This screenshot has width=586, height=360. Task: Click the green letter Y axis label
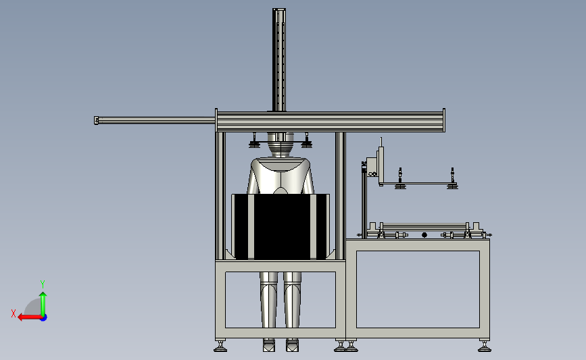point(43,284)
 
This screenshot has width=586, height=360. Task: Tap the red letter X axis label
point(14,313)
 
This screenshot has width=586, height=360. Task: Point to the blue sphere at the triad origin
point(44,317)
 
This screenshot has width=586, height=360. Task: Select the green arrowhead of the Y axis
point(43,295)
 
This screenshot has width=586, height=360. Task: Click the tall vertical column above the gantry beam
point(278,59)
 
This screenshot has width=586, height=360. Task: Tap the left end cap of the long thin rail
point(97,120)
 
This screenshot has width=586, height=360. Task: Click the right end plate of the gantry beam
point(444,120)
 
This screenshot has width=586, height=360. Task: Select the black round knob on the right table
point(424,235)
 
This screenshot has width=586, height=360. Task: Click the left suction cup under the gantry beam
point(255,144)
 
